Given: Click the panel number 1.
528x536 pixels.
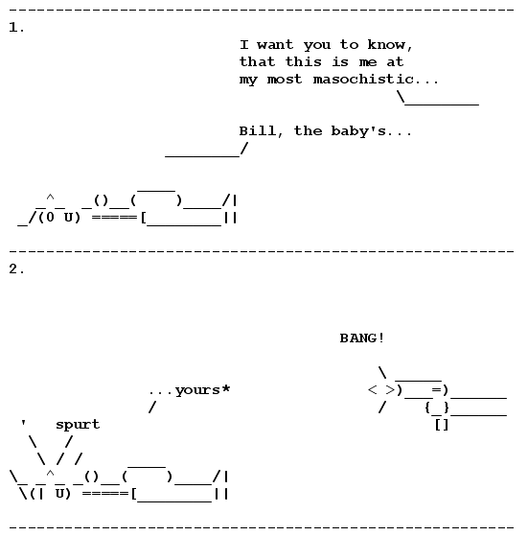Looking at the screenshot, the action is [16, 28].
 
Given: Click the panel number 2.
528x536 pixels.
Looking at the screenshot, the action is [16, 269].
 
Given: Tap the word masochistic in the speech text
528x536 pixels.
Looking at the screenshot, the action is [363, 80].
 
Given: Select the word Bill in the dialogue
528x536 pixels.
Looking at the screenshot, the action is [257, 131].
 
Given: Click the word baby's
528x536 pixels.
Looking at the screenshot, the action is [358, 131].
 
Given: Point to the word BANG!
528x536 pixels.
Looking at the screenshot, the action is [362, 338].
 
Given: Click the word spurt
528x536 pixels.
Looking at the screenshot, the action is [78, 425].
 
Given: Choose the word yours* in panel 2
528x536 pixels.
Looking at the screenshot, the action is [203, 390].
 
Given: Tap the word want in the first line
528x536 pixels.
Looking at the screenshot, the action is [275, 45].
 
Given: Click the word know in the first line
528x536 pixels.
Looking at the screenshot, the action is [386, 44].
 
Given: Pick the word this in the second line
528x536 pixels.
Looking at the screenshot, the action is [303, 62].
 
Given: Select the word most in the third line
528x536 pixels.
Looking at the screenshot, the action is [285, 80].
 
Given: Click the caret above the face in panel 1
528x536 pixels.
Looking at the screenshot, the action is [50, 198].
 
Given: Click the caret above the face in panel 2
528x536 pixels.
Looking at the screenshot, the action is [50, 474].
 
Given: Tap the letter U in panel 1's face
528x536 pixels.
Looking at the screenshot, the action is [69, 217].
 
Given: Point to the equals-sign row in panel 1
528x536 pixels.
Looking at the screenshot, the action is [114, 217].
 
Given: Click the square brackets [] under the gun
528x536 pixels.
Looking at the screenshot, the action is [442, 425].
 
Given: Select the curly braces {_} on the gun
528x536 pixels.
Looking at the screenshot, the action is [437, 408].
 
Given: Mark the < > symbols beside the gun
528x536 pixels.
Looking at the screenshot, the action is [381, 389].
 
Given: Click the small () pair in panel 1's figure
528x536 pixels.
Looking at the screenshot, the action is [101, 200].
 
